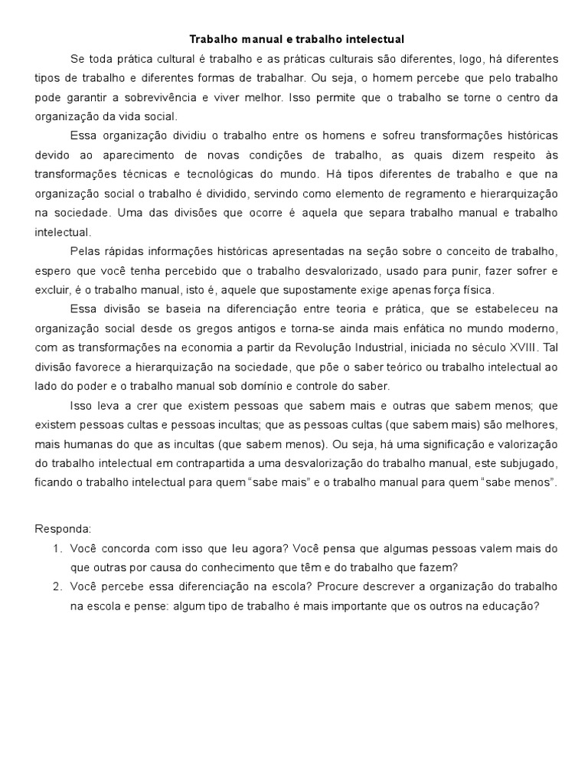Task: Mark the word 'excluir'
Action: click(53, 290)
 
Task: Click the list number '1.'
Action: click(57, 548)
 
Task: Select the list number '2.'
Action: click(57, 586)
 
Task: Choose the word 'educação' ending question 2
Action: click(512, 606)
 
